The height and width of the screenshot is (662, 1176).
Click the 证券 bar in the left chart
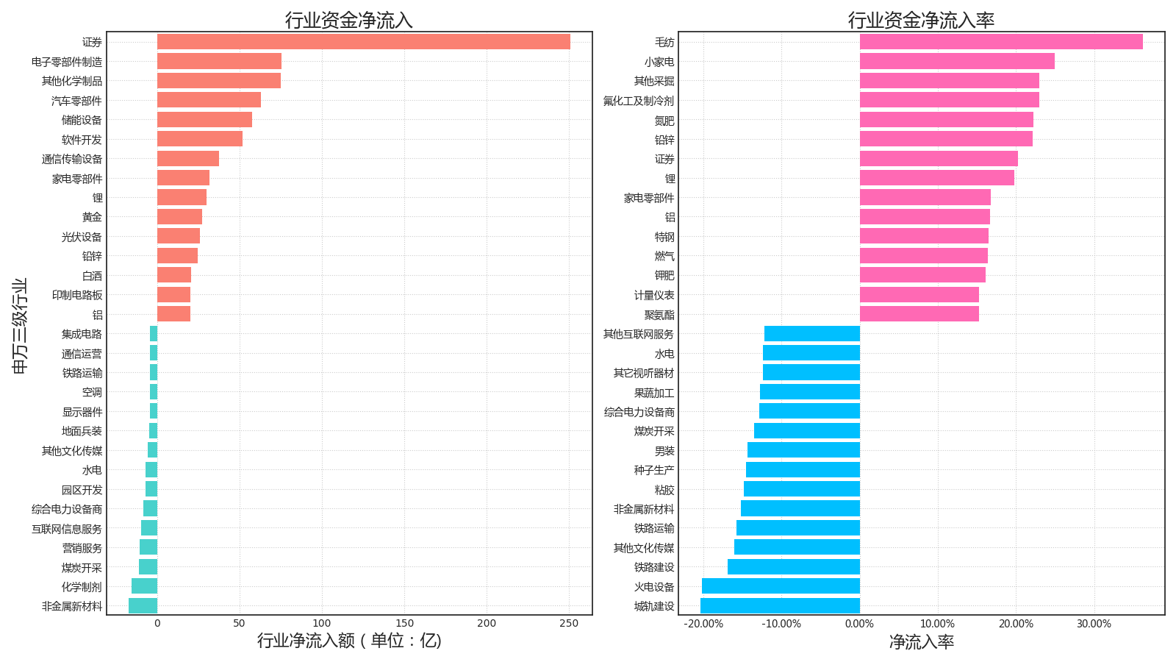(363, 42)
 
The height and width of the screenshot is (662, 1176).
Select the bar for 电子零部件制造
(219, 61)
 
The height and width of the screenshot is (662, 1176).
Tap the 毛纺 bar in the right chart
(1001, 42)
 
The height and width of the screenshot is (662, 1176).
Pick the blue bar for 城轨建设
(780, 606)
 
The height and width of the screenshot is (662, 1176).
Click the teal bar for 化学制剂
(144, 586)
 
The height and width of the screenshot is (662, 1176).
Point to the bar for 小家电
(957, 61)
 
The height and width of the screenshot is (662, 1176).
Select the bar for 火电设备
(781, 586)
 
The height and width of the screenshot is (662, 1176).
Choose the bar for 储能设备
(204, 120)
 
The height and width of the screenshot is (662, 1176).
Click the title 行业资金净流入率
(921, 20)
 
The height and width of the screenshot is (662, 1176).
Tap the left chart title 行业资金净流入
(349, 20)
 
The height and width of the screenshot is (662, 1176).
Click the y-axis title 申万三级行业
(20, 326)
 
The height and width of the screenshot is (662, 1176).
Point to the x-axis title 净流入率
(921, 642)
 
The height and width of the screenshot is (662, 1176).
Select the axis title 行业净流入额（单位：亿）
(349, 641)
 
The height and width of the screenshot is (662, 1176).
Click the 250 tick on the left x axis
(569, 624)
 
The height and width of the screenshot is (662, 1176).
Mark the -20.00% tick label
(703, 624)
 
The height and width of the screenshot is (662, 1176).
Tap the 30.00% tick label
(1094, 624)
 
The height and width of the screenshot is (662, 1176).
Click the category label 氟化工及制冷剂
(638, 101)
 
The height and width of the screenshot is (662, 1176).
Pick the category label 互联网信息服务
(67, 529)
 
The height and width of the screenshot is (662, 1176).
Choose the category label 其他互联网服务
(638, 334)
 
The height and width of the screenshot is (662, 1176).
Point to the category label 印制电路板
(77, 295)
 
